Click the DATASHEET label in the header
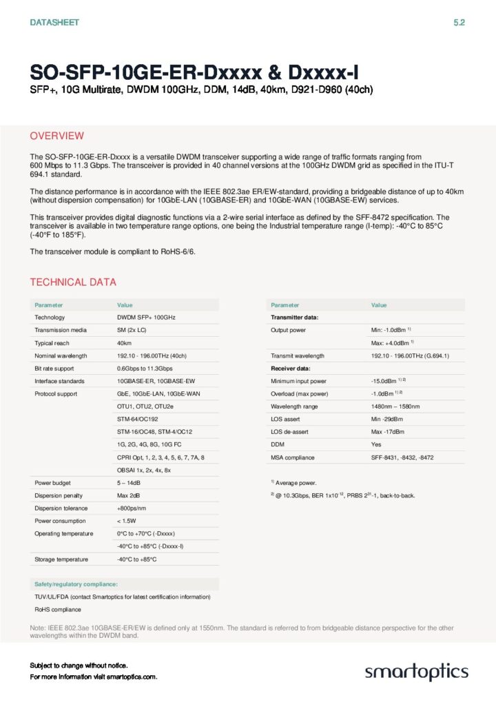(54, 23)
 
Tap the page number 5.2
(459, 23)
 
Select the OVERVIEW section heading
(57, 136)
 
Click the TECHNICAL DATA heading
(73, 282)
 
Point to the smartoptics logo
(416, 672)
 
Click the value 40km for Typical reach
(125, 342)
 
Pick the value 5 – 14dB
(130, 483)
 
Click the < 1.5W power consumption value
(129, 521)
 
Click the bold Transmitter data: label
(294, 317)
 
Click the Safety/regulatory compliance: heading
(76, 584)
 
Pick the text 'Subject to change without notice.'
(79, 665)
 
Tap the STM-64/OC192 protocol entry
(138, 419)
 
